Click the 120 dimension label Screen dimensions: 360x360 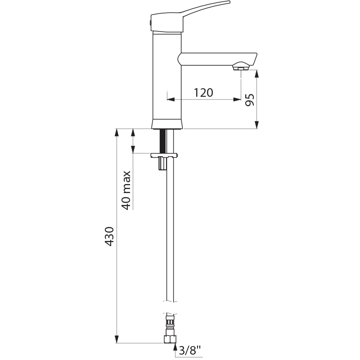(203, 93)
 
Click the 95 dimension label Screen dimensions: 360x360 (250, 99)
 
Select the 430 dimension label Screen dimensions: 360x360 (109, 236)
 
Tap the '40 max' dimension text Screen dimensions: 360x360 (126, 189)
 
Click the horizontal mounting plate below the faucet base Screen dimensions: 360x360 (164, 156)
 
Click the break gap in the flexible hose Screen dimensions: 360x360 (170, 307)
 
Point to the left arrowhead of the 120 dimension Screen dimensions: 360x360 (170, 99)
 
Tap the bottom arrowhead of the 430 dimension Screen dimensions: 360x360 (117, 340)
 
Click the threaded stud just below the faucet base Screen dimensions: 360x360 (164, 141)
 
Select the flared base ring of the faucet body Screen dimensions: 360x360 (167, 125)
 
